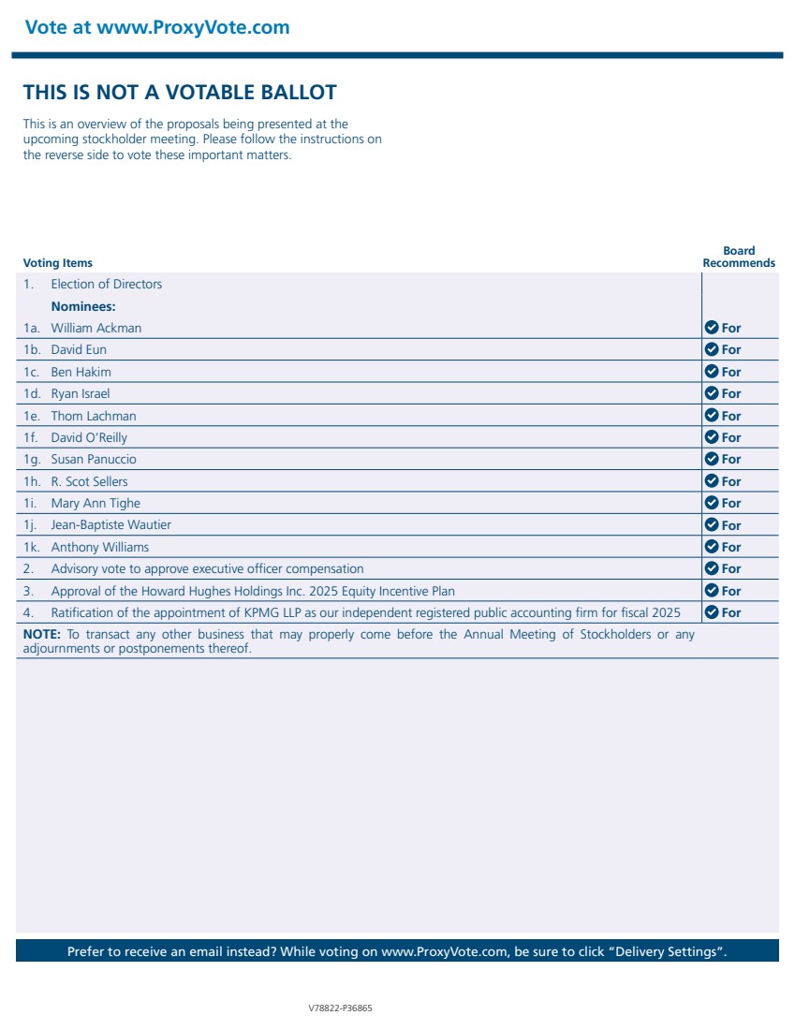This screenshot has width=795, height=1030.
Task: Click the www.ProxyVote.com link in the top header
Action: (193, 27)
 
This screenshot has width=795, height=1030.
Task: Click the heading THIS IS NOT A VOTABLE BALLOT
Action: (180, 92)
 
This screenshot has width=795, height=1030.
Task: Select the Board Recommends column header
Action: (739, 257)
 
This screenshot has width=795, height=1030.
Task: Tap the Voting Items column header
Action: (58, 263)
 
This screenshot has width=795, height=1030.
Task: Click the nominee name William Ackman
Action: (96, 328)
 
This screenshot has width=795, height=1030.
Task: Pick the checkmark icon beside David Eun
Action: (712, 349)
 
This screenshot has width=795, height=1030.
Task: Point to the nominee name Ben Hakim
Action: (81, 372)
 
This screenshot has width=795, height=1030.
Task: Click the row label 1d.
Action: (33, 393)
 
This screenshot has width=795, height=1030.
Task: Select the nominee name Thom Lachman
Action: (94, 416)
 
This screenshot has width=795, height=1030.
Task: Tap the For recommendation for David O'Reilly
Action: (731, 437)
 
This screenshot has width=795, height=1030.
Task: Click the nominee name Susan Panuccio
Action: (94, 459)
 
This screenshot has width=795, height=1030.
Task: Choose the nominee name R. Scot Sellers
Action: (89, 481)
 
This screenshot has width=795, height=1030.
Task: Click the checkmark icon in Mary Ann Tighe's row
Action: (712, 503)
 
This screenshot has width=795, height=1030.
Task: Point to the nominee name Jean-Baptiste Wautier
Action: (111, 525)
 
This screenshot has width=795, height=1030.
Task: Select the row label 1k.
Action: (33, 547)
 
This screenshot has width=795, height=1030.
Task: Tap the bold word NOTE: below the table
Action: (42, 634)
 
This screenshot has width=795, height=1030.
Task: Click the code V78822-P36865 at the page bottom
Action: (340, 1008)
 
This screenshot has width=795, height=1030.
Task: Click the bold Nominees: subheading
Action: (83, 306)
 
